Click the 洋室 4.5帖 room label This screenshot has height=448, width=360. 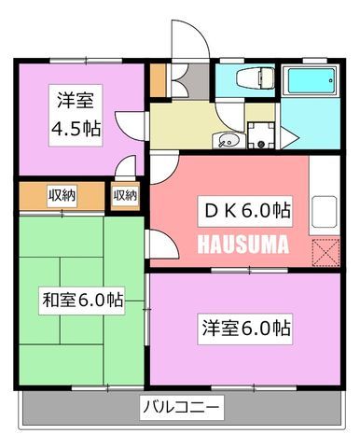(x=76, y=115)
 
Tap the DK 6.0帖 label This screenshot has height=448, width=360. (x=245, y=211)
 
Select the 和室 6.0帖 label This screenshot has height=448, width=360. (x=82, y=301)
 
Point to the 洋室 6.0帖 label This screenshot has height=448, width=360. (x=245, y=329)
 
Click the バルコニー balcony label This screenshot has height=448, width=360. (x=181, y=407)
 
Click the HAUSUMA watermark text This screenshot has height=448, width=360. (x=243, y=245)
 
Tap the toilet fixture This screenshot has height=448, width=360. (x=255, y=77)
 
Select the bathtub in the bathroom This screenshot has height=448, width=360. (x=312, y=80)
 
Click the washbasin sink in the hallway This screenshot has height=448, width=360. (x=228, y=141)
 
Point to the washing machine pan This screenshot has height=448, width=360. (x=261, y=135)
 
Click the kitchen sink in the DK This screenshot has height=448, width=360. (x=325, y=212)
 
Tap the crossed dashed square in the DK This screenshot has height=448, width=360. (x=325, y=253)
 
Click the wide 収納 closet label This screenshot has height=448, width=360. (x=62, y=195)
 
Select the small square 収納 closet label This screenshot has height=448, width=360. (x=125, y=195)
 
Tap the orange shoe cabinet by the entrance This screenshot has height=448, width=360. (x=158, y=80)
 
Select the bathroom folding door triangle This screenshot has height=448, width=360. (x=288, y=137)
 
